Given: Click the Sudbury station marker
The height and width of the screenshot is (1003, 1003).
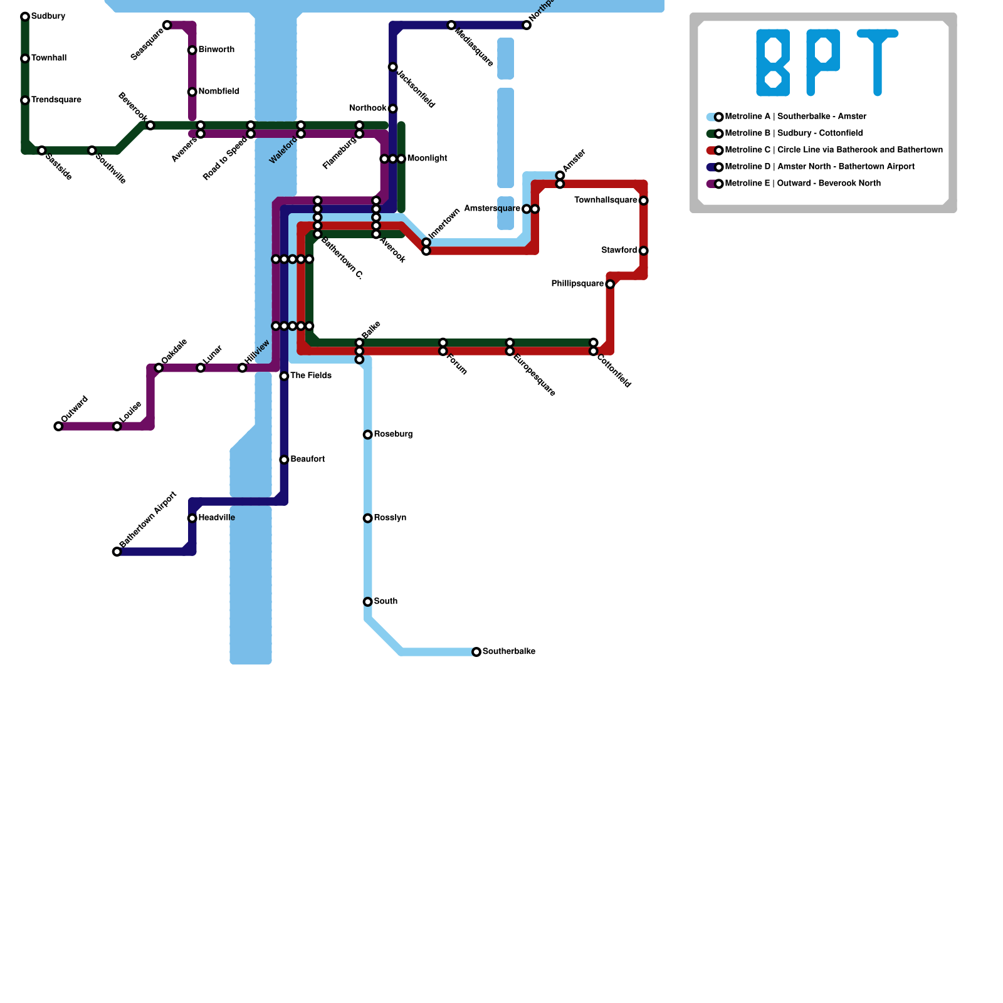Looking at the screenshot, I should pyautogui.click(x=25, y=16).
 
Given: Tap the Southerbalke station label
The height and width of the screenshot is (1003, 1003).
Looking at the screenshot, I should pyautogui.click(x=508, y=651).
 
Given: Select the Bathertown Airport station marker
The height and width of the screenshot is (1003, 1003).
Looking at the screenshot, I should pyautogui.click(x=117, y=552).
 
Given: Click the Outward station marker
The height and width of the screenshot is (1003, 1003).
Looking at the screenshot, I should pyautogui.click(x=58, y=426).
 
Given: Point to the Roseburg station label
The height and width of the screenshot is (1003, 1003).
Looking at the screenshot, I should pyautogui.click(x=393, y=434).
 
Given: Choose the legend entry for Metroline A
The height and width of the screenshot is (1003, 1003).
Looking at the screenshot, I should pyautogui.click(x=795, y=117).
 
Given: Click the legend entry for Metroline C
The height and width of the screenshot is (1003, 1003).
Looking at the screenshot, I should pyautogui.click(x=833, y=150).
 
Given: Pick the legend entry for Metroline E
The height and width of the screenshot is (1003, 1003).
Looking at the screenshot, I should pyautogui.click(x=802, y=184).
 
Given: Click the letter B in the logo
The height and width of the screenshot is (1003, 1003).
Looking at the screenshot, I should pyautogui.click(x=773, y=63).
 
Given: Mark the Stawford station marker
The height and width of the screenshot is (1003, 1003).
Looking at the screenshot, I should pyautogui.click(x=643, y=251).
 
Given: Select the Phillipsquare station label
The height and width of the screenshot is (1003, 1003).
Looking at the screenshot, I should pyautogui.click(x=577, y=284).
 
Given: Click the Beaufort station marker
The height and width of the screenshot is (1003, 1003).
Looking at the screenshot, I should pyautogui.click(x=284, y=459).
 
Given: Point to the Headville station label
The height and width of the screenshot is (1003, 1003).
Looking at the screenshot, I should pyautogui.click(x=216, y=518).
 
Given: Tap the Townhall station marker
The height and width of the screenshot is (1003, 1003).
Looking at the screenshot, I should pyautogui.click(x=25, y=58).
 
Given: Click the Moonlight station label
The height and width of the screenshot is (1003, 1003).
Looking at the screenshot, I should pyautogui.click(x=427, y=159).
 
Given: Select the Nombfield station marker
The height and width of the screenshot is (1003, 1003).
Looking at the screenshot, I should pyautogui.click(x=192, y=92).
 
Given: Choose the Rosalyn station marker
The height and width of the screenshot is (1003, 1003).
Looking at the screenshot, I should pyautogui.click(x=368, y=518).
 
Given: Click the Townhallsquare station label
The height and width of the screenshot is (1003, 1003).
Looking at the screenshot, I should pyautogui.click(x=606, y=201).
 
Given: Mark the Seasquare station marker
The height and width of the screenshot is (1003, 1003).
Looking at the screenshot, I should pyautogui.click(x=167, y=25).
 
